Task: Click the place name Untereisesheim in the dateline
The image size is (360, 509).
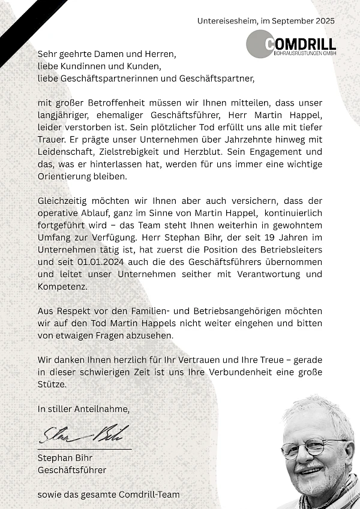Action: (226, 21)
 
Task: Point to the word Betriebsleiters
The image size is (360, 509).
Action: (289, 250)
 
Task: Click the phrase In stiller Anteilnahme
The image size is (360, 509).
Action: (83, 409)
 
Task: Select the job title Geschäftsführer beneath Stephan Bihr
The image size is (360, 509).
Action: (72, 470)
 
